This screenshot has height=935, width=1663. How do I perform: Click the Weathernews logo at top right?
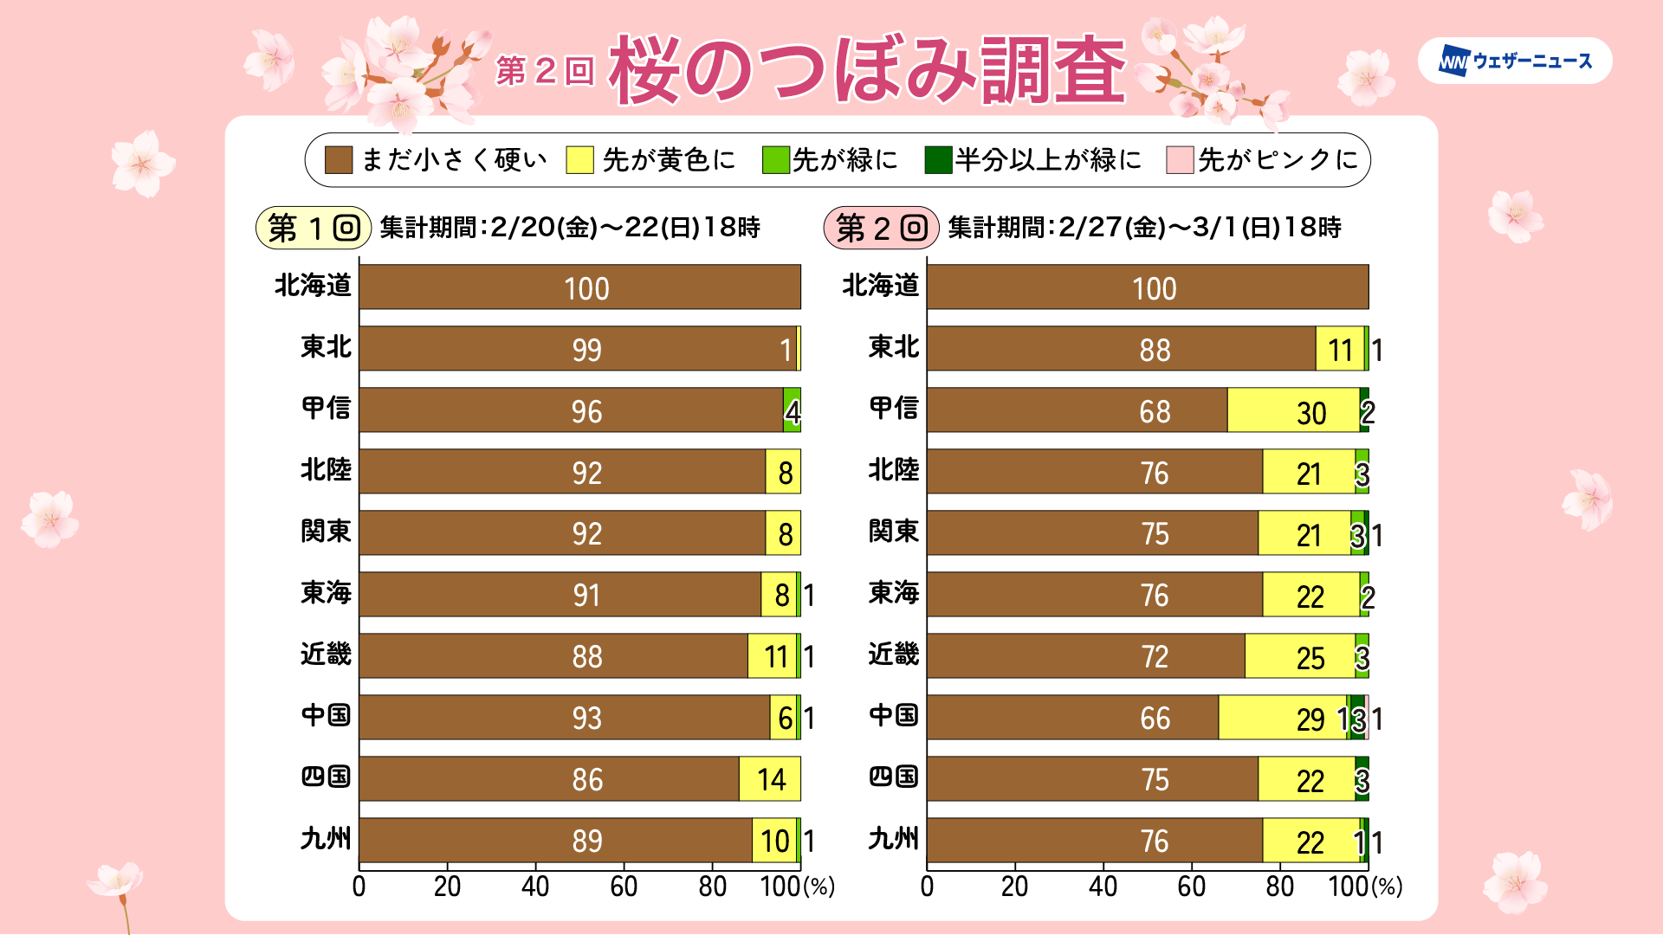pos(1515,61)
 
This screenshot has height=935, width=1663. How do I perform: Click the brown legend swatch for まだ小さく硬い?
pos(338,160)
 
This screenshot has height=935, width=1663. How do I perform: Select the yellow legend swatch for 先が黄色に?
pos(579,160)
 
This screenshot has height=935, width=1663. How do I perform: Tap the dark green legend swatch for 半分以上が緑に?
pos(938,160)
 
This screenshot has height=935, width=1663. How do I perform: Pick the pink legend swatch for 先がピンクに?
pos(1180,160)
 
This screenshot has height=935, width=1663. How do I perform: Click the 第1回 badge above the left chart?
pos(313,228)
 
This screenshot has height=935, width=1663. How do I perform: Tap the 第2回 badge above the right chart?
pos(881,228)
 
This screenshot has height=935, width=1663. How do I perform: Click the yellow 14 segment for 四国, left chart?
pos(769,779)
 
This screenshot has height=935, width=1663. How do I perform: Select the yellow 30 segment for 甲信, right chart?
pos(1293,410)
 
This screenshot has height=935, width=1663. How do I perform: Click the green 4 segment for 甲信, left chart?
pos(792,410)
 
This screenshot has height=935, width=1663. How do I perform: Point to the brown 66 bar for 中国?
pos(1072,718)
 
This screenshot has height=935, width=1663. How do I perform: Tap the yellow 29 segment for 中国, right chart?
pos(1282,718)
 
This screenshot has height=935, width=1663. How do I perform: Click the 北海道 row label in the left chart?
pos(313,286)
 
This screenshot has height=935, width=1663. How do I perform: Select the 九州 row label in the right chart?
pos(893,839)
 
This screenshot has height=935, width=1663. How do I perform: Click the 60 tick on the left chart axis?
pos(624,887)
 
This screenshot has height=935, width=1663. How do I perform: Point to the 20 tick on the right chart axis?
pos(1015,887)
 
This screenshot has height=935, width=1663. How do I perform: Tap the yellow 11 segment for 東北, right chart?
pos(1339,349)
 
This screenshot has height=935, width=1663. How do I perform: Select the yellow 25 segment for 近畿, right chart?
pos(1300,656)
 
